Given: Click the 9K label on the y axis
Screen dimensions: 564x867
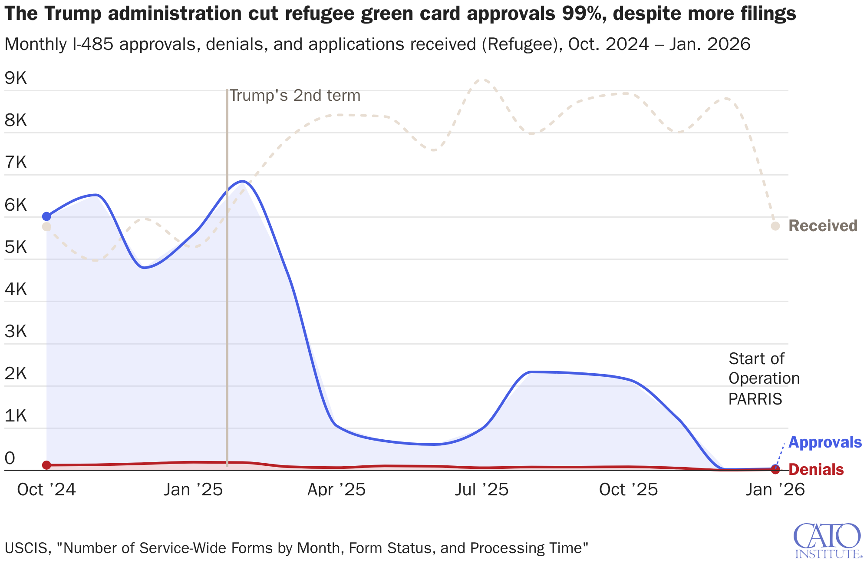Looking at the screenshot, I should point(16,78).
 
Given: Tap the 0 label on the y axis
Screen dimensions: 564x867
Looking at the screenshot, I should point(10,458).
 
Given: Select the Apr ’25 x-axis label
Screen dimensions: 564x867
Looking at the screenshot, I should point(336,490).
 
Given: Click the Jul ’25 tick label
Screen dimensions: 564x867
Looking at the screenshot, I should point(481,490).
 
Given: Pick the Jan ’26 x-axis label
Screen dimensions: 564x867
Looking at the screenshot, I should point(775,490).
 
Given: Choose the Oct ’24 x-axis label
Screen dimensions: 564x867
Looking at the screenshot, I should point(46,490).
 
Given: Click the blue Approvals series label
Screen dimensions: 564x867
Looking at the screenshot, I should point(824,442).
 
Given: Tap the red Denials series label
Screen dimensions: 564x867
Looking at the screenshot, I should point(816,470).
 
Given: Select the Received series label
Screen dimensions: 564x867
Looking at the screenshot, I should point(823,226).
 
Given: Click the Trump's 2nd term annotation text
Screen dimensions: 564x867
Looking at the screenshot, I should point(295,96).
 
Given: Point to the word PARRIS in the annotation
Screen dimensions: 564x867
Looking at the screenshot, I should point(755,399).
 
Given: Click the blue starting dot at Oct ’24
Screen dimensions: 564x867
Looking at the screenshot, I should point(46,216).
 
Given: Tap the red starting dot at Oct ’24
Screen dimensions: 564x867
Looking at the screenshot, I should point(46,465).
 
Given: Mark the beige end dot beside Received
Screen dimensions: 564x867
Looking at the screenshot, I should point(775,226).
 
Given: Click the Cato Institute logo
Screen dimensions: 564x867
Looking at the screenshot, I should point(827,541).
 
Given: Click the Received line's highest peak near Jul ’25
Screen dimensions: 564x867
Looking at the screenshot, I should point(483,80).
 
